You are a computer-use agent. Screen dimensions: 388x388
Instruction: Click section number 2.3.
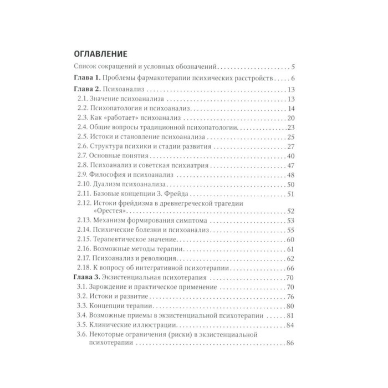click(x=83, y=119)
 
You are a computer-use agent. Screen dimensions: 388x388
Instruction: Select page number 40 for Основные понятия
click(x=294, y=156)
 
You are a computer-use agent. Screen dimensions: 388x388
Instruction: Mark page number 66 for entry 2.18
click(x=294, y=268)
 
